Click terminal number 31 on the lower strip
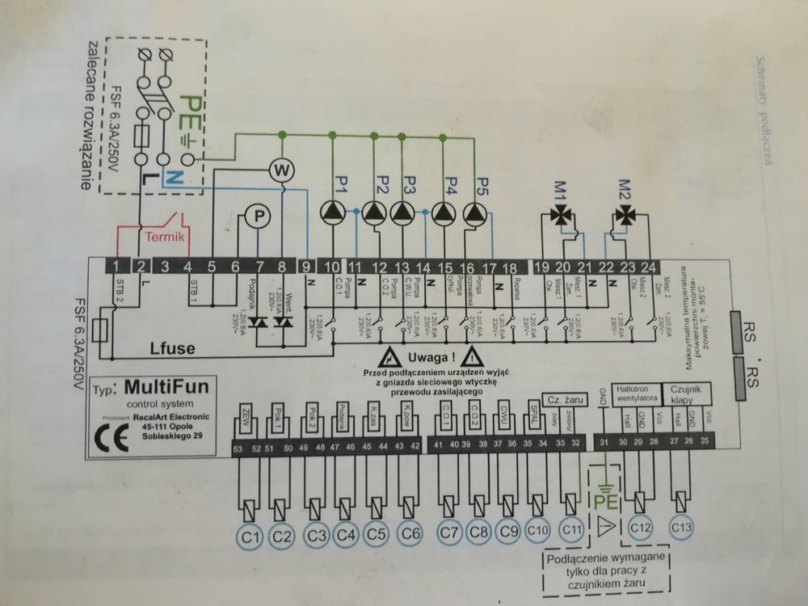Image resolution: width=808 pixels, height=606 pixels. (x=604, y=443)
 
